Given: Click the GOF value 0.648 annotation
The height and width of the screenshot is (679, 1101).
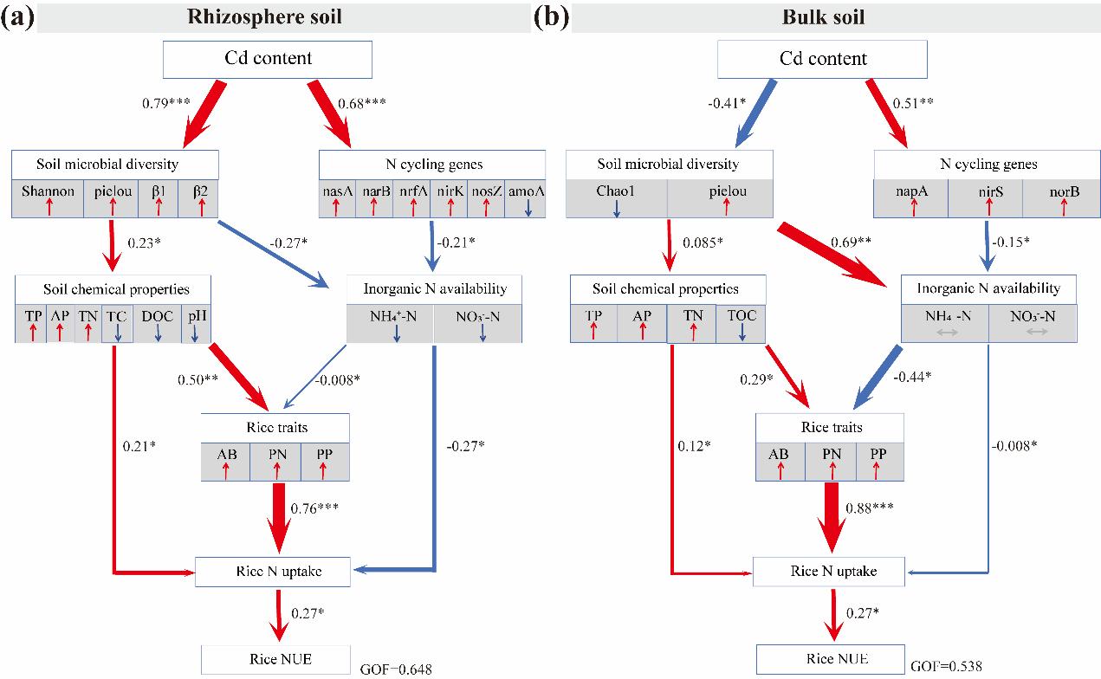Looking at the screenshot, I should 396,668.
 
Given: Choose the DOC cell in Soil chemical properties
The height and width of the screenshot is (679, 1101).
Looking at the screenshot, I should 157,322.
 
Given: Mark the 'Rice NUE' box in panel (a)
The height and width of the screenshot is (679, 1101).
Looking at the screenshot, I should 275,661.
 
